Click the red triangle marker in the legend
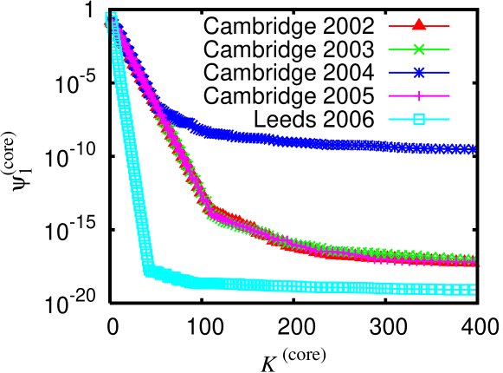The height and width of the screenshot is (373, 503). (x=419, y=25)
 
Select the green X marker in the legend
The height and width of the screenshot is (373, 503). (x=419, y=49)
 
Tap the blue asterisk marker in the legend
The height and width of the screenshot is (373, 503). (x=419, y=73)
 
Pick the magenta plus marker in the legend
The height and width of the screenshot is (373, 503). (x=419, y=96)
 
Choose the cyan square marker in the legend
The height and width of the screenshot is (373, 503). (x=419, y=120)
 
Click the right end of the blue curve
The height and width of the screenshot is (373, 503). (x=473, y=149)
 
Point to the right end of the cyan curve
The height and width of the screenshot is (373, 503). (x=473, y=290)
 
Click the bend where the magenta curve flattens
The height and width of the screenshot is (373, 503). (x=209, y=209)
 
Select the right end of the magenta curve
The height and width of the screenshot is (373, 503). (x=473, y=261)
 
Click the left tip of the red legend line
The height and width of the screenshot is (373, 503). (x=390, y=26)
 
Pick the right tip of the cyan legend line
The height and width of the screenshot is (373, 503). (x=449, y=120)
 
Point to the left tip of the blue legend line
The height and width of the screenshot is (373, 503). (x=390, y=73)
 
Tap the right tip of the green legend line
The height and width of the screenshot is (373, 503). (x=449, y=49)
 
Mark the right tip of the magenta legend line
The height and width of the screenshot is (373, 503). (x=449, y=96)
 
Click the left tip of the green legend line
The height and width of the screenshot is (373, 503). (x=390, y=49)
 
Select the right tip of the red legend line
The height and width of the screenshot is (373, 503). (x=449, y=26)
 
